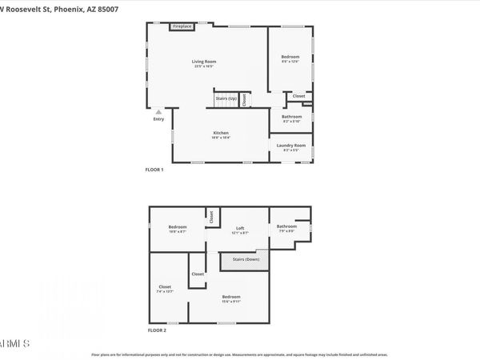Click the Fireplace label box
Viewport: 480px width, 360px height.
click(x=182, y=26)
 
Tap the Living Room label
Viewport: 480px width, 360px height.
click(x=204, y=62)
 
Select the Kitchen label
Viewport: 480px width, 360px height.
click(x=221, y=132)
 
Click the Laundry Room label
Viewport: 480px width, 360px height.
click(x=290, y=145)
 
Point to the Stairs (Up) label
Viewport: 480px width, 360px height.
click(x=226, y=98)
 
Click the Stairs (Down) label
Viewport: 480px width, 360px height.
click(x=245, y=259)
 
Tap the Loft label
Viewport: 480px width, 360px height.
click(x=240, y=228)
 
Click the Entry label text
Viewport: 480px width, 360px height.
click(x=158, y=119)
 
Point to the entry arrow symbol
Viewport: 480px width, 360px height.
click(x=158, y=112)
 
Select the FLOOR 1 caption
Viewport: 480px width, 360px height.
click(x=154, y=170)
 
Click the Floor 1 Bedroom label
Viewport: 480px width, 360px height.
click(x=290, y=57)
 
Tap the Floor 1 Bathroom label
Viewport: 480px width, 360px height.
click(x=291, y=117)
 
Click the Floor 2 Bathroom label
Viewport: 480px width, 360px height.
click(x=286, y=226)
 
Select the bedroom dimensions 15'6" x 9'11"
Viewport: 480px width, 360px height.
click(x=231, y=301)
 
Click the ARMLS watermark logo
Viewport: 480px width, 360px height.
click(x=16, y=343)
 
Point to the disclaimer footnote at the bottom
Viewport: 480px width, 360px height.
click(x=240, y=354)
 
